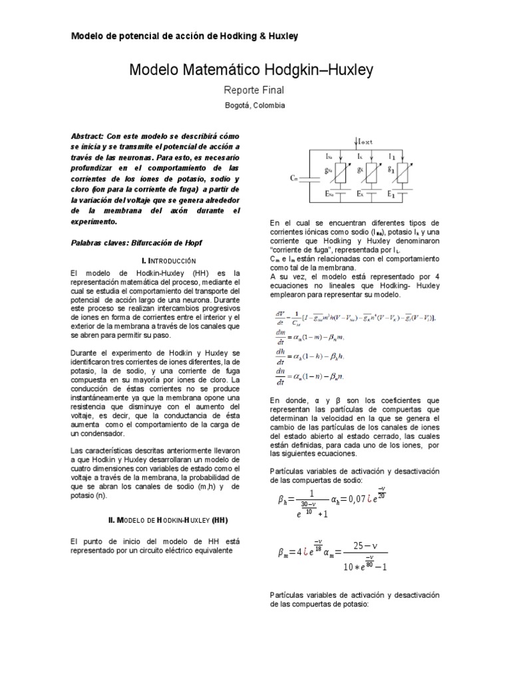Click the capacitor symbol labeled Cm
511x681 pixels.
coord(307,178)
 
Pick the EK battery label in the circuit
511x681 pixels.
coord(359,195)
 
